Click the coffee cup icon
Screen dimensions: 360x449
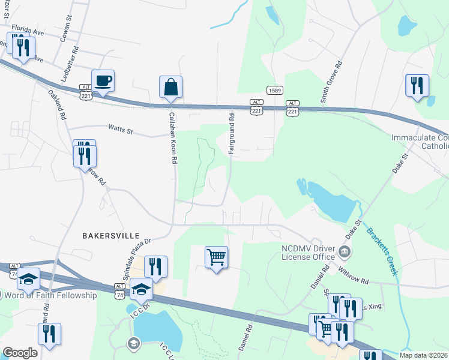point(103,81)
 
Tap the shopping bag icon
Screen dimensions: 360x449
point(170,87)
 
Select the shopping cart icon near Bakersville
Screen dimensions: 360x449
point(216,257)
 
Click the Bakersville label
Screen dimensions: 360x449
point(110,236)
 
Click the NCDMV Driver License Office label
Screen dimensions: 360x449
point(308,253)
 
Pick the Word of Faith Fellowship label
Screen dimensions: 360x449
point(50,295)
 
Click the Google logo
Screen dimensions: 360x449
point(20,353)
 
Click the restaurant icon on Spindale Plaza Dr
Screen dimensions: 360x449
point(155,267)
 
